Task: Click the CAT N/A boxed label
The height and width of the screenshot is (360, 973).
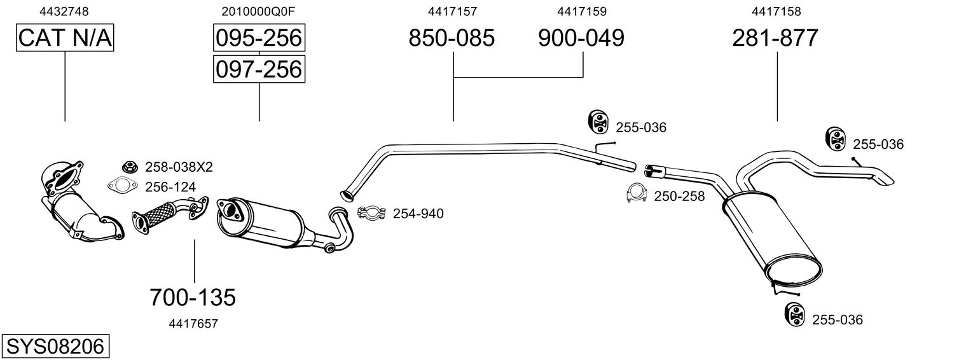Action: point(65,38)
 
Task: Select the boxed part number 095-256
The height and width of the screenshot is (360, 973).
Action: point(259,38)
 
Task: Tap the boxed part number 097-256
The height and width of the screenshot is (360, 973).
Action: point(259,69)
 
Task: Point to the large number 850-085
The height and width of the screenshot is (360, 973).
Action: point(452,38)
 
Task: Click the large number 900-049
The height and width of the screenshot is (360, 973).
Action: point(582,38)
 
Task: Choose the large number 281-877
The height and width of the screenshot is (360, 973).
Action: point(775,38)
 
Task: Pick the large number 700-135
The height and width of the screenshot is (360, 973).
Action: point(193,298)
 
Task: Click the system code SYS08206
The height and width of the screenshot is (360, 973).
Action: point(55,347)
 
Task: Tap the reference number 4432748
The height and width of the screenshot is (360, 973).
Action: point(64,11)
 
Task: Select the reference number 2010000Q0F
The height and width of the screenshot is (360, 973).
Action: point(258,11)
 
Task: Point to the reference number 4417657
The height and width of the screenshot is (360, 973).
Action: point(193,324)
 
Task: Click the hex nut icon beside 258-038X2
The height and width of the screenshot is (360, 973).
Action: point(130,166)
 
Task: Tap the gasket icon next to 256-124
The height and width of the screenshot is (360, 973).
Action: point(123,186)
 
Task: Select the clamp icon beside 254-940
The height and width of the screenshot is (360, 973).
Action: point(372,213)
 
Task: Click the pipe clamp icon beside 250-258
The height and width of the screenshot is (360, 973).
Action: point(637,194)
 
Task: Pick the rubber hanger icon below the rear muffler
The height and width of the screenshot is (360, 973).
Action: point(796,315)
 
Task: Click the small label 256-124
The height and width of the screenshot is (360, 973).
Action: point(170,187)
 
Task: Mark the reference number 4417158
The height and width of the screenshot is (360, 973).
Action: point(776,11)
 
